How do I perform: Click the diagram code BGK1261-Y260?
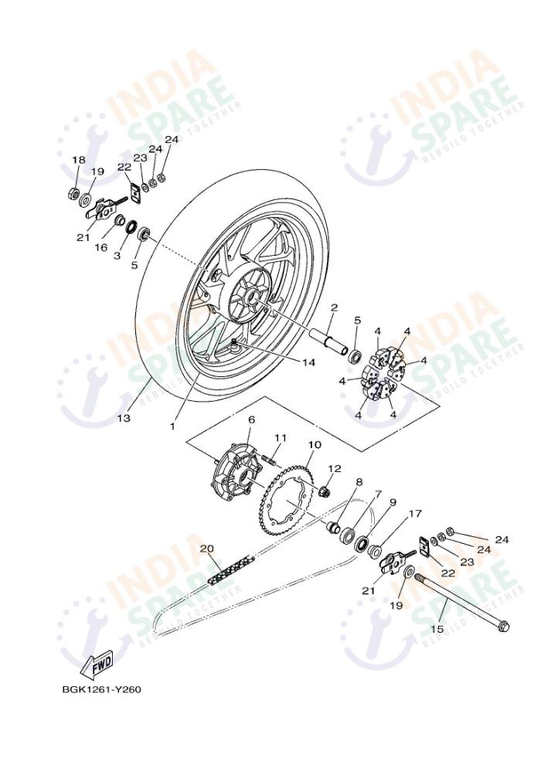tap(102, 688)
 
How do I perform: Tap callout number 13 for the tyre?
tap(124, 418)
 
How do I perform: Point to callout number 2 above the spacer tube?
tap(334, 308)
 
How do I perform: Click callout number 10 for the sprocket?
tap(315, 445)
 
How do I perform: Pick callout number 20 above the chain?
tap(206, 549)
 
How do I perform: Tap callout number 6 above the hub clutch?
tap(251, 420)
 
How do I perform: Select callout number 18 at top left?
tap(79, 160)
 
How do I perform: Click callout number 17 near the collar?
tap(415, 513)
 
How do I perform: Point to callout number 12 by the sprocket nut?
tap(334, 468)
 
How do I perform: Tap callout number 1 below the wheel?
tap(173, 426)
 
